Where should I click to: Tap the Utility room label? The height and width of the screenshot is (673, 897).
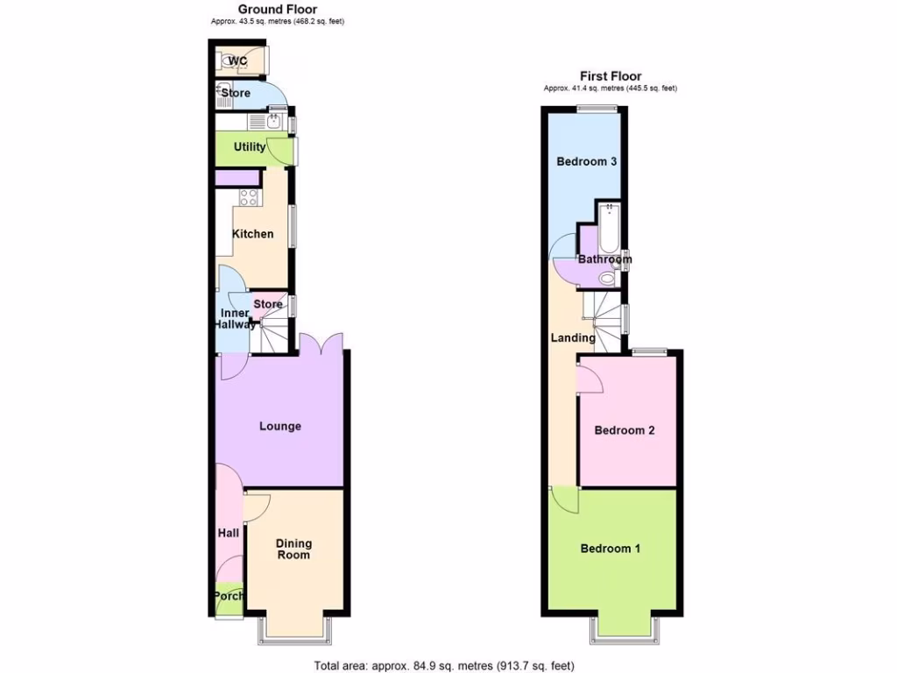click(x=250, y=147)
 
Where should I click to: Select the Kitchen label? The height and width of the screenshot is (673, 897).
click(x=252, y=234)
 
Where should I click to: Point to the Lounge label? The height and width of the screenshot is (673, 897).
click(x=280, y=427)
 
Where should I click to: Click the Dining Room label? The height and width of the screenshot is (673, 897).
click(x=293, y=549)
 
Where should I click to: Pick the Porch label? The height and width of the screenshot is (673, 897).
click(x=230, y=597)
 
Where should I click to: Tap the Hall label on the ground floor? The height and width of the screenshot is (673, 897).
click(x=228, y=533)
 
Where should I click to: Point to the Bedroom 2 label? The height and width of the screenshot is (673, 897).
click(x=625, y=430)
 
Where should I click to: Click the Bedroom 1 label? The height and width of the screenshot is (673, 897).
click(x=611, y=549)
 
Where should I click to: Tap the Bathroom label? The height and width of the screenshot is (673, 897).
click(x=604, y=259)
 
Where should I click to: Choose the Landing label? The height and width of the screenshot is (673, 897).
click(x=573, y=337)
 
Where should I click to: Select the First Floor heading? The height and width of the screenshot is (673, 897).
click(x=611, y=76)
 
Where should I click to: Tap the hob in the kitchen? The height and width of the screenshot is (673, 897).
click(x=249, y=198)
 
